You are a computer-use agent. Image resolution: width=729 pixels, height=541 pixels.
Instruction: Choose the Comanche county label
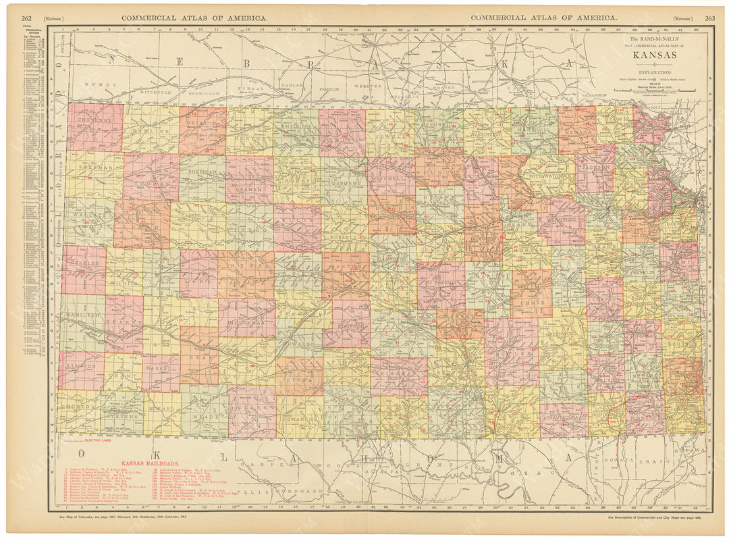pos(299,419)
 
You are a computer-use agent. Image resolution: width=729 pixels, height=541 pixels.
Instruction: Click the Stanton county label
pos(81,367)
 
